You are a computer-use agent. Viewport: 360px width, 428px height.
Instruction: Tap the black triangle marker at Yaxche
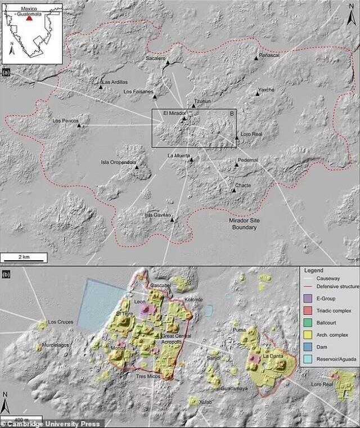(x=258, y=94)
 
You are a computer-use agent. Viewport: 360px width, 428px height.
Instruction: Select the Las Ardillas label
(x=115, y=82)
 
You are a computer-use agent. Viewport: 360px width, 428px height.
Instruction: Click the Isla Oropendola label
(x=119, y=163)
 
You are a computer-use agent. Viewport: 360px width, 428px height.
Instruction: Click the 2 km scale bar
(x=24, y=260)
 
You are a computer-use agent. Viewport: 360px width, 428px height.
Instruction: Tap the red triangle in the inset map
(x=29, y=18)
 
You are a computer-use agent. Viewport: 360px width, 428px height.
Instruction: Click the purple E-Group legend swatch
(x=307, y=298)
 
